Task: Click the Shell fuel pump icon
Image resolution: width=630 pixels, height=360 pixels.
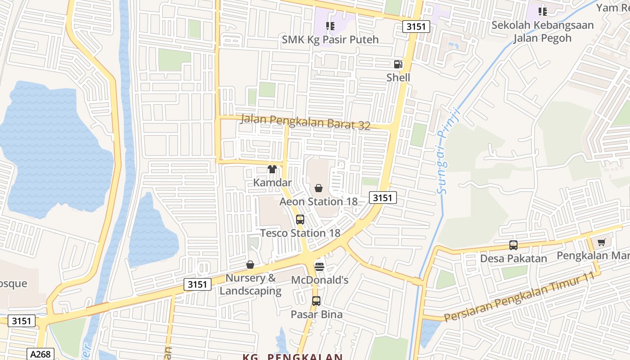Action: click(398, 64)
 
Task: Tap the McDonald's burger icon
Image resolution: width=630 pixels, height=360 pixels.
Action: click(319, 266)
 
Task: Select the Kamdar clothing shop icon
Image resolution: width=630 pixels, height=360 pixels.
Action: click(272, 169)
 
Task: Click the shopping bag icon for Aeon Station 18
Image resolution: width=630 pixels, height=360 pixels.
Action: click(319, 188)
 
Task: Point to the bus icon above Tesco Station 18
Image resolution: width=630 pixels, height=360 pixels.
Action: click(300, 220)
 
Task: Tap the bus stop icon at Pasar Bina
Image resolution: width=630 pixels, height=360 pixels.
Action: click(316, 301)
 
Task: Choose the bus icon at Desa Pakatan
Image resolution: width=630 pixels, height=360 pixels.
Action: click(513, 245)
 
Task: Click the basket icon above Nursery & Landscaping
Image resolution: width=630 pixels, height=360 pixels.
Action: click(250, 265)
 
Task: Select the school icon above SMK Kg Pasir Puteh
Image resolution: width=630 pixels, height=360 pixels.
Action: click(330, 26)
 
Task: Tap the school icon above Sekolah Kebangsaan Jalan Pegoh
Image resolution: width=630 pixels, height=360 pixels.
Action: click(543, 11)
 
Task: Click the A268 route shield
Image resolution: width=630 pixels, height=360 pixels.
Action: click(40, 354)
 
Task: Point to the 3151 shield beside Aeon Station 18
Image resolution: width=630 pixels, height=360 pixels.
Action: click(383, 197)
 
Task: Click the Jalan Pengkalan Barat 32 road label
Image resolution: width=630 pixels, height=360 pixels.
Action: click(306, 122)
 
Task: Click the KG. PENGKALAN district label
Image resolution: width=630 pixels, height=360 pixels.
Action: click(292, 357)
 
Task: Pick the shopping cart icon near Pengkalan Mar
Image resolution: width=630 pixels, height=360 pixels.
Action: click(601, 243)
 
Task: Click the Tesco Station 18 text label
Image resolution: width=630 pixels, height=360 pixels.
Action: click(300, 233)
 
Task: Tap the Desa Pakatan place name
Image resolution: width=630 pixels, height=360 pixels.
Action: click(513, 258)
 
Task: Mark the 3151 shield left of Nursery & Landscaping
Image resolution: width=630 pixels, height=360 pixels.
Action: click(198, 284)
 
